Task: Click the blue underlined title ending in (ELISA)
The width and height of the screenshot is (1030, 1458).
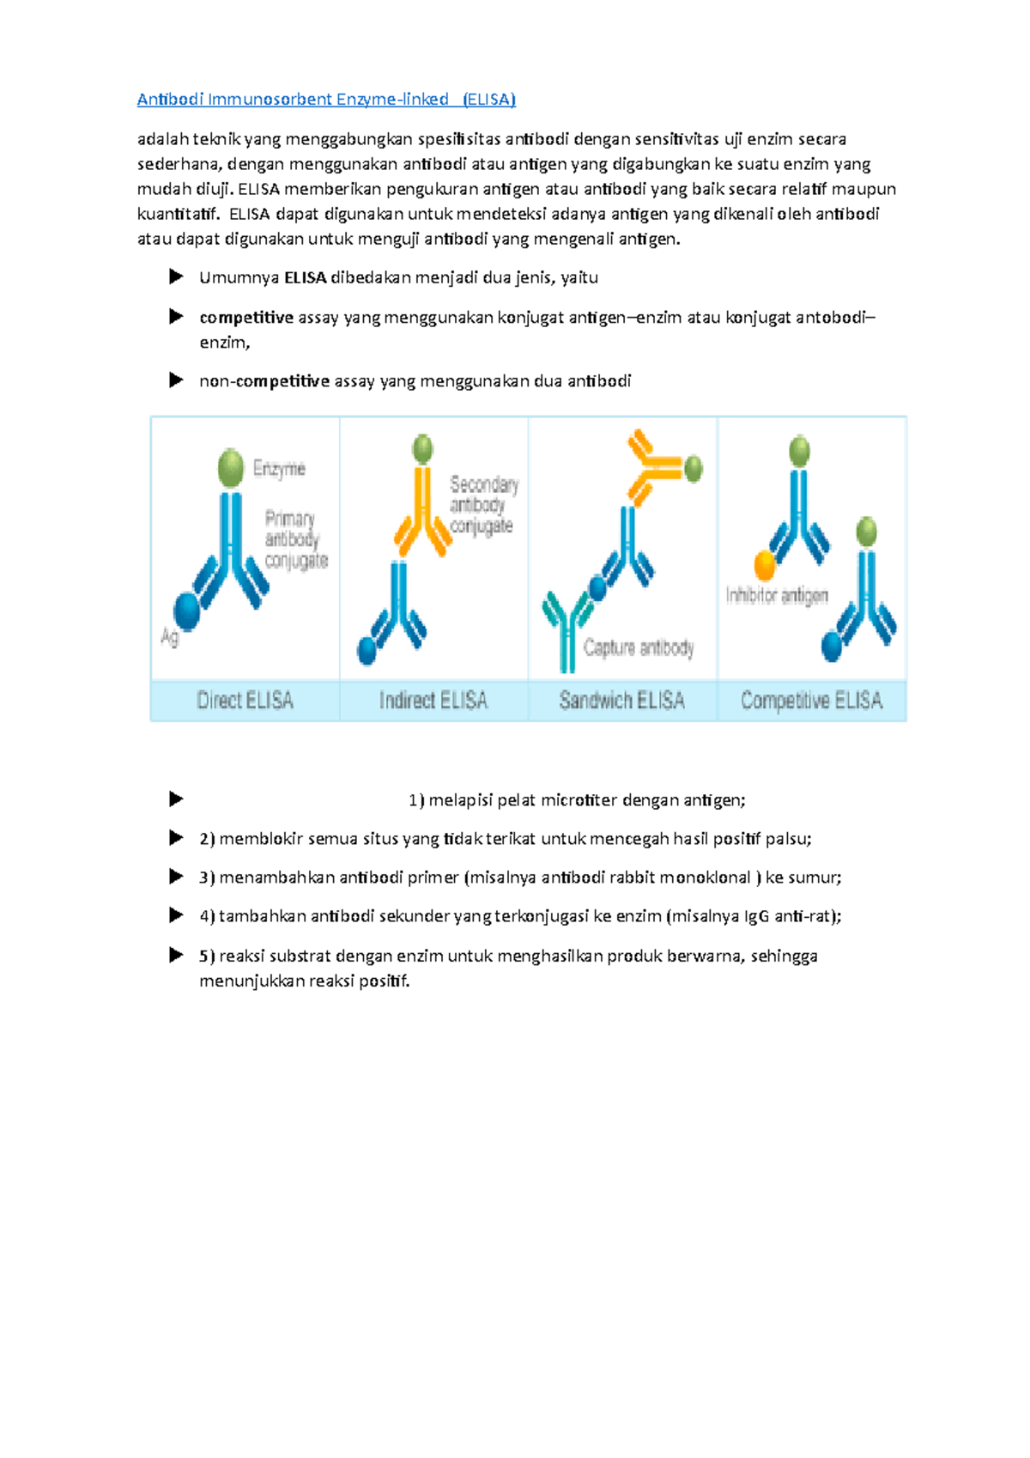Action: pyautogui.click(x=326, y=100)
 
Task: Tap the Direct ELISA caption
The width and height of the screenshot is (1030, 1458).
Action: pyautogui.click(x=245, y=701)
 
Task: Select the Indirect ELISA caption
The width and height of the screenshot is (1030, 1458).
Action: pyautogui.click(x=433, y=701)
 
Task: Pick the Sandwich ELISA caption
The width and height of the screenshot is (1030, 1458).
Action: pyautogui.click(x=621, y=701)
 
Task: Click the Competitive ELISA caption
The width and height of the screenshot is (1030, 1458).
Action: pyautogui.click(x=811, y=701)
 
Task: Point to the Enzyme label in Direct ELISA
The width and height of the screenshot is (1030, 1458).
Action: pyautogui.click(x=279, y=469)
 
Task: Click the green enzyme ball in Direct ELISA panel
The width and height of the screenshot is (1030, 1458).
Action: pyautogui.click(x=231, y=468)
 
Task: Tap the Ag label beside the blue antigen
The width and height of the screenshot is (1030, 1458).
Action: pyautogui.click(x=169, y=636)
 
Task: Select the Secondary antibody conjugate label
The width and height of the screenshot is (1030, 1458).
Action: pyautogui.click(x=483, y=505)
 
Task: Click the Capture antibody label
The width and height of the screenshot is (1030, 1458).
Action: pyautogui.click(x=639, y=647)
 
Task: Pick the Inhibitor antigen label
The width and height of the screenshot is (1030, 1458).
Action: pyautogui.click(x=777, y=595)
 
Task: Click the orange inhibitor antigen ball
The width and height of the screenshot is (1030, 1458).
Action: pyautogui.click(x=764, y=566)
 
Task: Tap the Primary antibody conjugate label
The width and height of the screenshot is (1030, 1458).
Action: pyautogui.click(x=295, y=540)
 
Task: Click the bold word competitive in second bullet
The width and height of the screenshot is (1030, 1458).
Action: pyautogui.click(x=246, y=318)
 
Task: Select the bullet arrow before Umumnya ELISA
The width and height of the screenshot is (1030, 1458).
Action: pyautogui.click(x=176, y=276)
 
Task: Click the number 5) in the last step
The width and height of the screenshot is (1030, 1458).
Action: pyautogui.click(x=207, y=956)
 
